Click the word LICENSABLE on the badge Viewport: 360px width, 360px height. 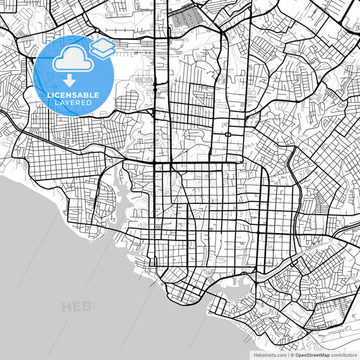point(74,94)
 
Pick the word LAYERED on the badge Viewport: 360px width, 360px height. point(74,103)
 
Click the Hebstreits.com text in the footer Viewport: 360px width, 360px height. point(265,354)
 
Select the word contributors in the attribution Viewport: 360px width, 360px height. point(343,354)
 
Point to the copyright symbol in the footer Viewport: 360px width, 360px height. point(292,354)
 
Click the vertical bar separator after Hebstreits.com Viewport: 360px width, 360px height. point(287,354)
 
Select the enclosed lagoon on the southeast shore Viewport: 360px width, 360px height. point(240,291)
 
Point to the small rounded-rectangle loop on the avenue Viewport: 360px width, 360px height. point(229,134)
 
